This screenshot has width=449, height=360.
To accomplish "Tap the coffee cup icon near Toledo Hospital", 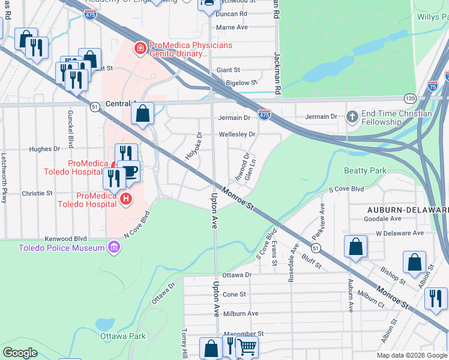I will [x=129, y=172].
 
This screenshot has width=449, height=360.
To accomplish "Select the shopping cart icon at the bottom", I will [x=247, y=346].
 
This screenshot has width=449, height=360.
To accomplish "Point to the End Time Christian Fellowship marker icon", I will [x=352, y=115].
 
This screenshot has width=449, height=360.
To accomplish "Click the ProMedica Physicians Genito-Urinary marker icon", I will [x=140, y=47].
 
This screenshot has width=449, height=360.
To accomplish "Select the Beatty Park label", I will [x=365, y=171].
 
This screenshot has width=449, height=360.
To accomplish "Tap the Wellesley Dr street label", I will [x=237, y=134].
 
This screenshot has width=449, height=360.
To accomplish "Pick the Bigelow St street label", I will [x=241, y=83].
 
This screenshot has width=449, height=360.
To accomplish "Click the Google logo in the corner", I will [x=20, y=353].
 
